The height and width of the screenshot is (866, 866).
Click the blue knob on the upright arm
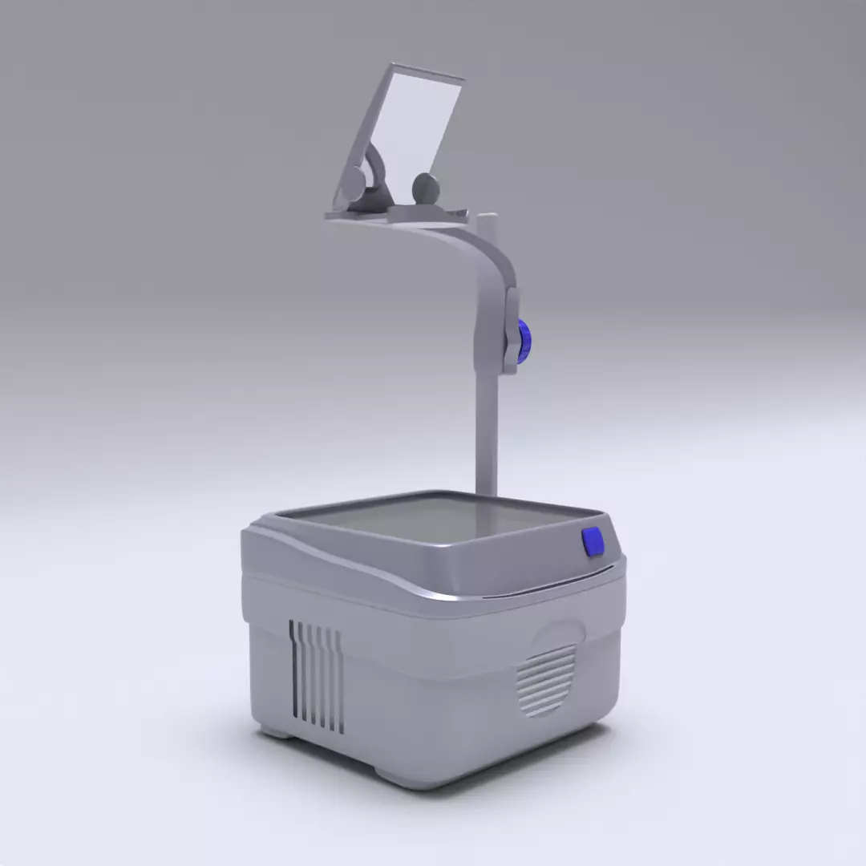(x=524, y=341)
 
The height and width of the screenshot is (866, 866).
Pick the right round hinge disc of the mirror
(x=426, y=188)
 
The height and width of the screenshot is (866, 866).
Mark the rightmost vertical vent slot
(x=341, y=682)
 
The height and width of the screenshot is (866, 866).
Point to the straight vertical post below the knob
(x=486, y=433)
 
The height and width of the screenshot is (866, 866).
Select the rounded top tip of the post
(x=487, y=217)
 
